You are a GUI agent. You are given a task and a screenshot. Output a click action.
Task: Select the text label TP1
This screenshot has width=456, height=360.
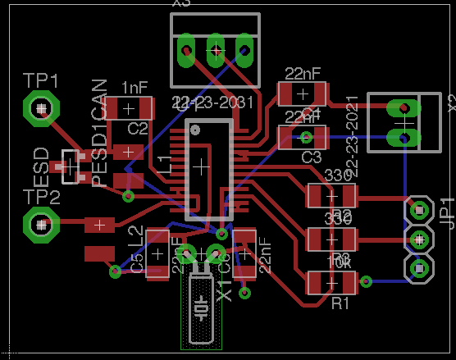41,80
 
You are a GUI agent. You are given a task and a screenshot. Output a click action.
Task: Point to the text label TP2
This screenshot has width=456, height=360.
41,197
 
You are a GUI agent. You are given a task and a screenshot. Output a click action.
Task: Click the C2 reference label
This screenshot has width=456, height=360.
138,128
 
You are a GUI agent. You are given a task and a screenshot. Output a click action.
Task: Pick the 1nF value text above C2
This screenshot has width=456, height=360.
135,87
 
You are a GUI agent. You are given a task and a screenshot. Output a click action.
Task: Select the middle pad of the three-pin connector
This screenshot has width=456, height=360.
217,51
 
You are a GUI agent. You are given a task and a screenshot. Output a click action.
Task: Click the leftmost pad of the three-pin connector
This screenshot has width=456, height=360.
188,51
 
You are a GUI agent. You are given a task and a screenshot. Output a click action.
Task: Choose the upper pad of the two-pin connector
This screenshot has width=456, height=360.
403,108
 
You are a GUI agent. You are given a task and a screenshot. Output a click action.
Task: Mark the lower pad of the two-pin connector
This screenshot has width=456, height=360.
403,136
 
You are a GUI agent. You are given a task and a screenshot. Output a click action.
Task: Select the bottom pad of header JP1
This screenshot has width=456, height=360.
419,268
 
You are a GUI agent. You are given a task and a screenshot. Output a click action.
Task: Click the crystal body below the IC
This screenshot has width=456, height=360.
202,308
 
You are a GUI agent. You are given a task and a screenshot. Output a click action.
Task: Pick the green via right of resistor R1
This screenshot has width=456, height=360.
367,282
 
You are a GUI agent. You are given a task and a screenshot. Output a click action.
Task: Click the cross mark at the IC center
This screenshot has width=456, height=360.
199,165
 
